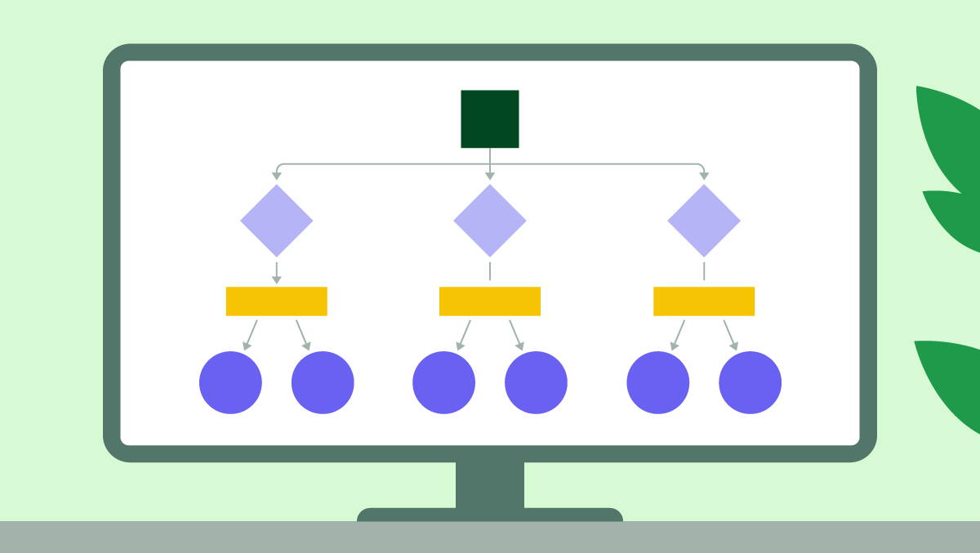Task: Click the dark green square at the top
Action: pos(489,118)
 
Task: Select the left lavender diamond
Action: pos(276,221)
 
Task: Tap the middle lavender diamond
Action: pos(489,221)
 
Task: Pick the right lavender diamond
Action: pos(703,221)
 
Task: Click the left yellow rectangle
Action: pos(276,301)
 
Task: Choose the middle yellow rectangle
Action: pos(489,301)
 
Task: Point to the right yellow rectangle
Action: pos(703,301)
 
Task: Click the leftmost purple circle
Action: pos(230,382)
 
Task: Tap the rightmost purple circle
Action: pos(750,382)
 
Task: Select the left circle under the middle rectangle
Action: pos(443,382)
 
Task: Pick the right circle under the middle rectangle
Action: pos(536,382)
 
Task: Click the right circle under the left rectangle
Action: pos(323,382)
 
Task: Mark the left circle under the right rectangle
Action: pos(657,382)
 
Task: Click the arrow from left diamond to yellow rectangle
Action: pos(276,273)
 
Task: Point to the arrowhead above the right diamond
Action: pos(703,175)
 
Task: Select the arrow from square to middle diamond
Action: pos(489,163)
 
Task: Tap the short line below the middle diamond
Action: pos(489,270)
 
